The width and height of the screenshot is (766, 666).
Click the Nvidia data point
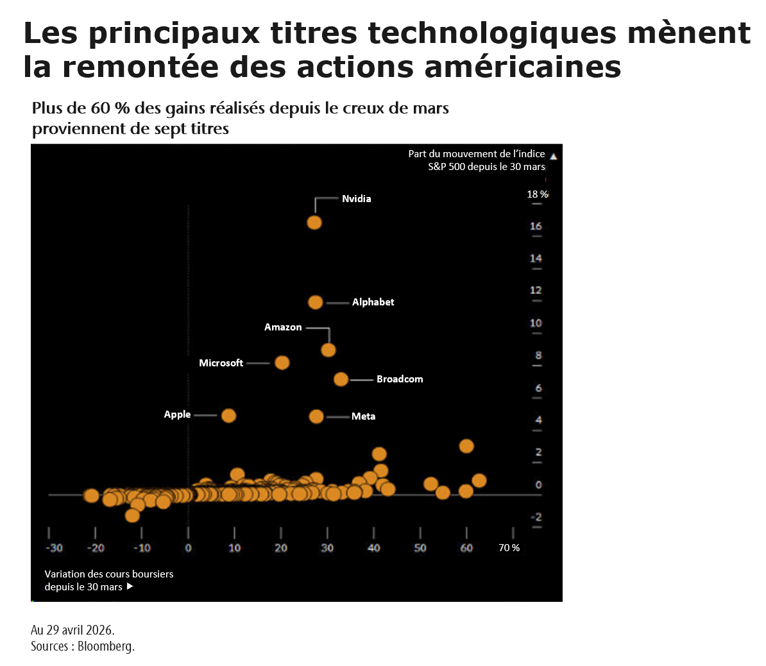(314, 223)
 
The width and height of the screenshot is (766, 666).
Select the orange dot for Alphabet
(316, 302)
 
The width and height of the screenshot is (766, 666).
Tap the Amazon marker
(328, 350)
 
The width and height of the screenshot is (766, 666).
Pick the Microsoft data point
(282, 363)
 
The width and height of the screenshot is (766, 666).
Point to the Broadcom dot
(341, 379)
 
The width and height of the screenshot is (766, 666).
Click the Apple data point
(228, 415)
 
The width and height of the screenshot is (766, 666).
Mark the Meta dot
(316, 416)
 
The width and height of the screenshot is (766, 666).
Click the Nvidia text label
(356, 199)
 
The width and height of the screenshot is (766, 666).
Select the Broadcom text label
(400, 379)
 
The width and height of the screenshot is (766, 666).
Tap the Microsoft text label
(221, 363)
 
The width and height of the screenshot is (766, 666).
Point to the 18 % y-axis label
(538, 194)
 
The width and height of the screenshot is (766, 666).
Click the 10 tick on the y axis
(536, 323)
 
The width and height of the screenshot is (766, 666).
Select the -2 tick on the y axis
(536, 517)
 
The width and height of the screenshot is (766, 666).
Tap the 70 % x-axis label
(509, 548)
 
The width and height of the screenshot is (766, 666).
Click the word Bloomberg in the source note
(106, 646)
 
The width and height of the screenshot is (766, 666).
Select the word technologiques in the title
(492, 33)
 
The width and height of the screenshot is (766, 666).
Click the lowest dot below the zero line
(132, 515)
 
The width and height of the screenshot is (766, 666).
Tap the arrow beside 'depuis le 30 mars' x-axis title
(130, 586)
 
